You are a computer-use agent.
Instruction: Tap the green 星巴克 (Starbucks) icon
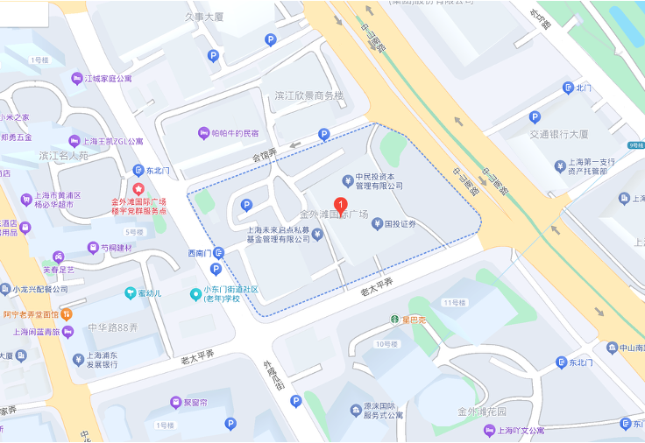click(395, 320)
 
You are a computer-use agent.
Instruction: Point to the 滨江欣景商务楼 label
click(309, 95)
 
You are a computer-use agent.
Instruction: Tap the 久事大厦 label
click(204, 17)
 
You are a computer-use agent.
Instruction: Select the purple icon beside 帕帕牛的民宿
click(203, 133)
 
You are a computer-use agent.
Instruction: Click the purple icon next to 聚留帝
click(175, 403)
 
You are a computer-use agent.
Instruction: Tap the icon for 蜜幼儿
click(130, 292)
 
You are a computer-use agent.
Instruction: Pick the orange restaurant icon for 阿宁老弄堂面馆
click(67, 314)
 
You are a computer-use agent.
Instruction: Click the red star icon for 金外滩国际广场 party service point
click(138, 189)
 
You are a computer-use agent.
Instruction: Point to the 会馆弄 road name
click(265, 155)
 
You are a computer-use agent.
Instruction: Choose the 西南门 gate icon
click(218, 253)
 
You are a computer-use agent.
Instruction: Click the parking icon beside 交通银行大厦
click(535, 116)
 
